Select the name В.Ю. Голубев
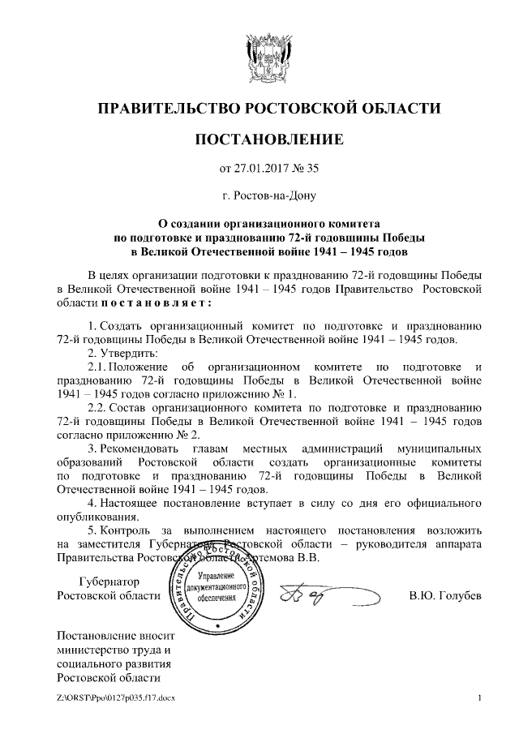(x=445, y=597)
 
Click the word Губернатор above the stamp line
(x=109, y=582)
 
